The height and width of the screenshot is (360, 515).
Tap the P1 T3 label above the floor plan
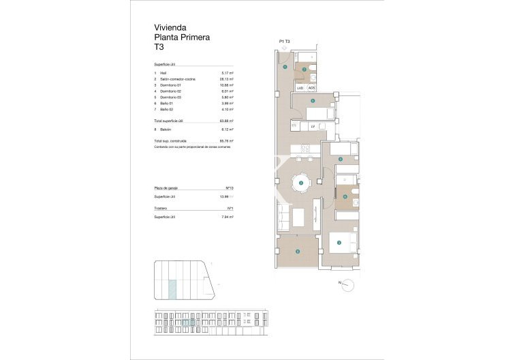(285, 42)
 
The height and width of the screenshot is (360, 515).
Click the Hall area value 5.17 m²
(228, 73)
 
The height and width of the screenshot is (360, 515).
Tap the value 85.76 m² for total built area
(228, 140)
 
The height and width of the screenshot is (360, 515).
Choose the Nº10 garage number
(230, 187)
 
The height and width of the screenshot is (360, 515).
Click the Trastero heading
(161, 208)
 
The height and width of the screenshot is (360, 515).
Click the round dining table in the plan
(300, 183)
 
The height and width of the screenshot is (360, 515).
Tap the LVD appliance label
(300, 87)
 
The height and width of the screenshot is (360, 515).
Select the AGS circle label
(311, 87)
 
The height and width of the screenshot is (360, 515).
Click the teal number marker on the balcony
(298, 252)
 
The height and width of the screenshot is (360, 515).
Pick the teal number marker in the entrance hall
(285, 67)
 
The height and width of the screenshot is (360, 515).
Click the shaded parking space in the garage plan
(172, 289)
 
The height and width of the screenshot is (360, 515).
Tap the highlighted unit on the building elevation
(189, 322)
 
